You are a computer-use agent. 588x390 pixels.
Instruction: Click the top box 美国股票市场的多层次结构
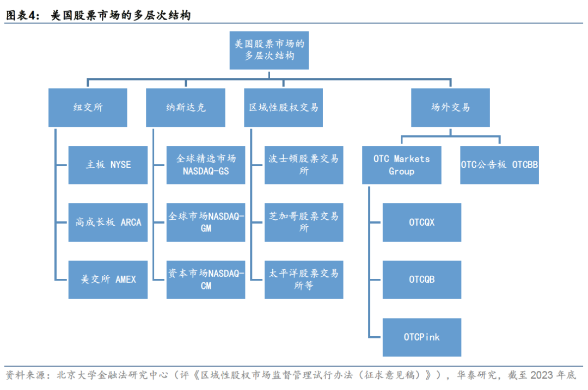pos(269,50)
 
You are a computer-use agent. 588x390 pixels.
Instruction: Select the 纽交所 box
pos(88,108)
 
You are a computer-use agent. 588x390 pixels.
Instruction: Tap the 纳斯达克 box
pos(186,108)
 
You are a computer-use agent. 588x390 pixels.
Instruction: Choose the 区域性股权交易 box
pos(284,108)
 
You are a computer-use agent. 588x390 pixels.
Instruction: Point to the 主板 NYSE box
pos(108,165)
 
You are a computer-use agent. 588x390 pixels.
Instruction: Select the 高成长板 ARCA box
pos(108,222)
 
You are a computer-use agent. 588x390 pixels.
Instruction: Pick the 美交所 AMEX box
pos(108,280)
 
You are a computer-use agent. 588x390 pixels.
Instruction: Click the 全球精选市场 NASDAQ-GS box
pos(206,165)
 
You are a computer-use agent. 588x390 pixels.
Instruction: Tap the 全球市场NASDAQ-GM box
pos(206,222)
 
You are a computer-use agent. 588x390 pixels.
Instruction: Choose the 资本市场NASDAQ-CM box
pos(206,280)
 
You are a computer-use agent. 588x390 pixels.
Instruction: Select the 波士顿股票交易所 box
pos(304,165)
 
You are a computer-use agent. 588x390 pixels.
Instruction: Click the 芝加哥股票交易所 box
pos(304,222)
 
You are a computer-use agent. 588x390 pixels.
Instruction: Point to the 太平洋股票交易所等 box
pos(304,280)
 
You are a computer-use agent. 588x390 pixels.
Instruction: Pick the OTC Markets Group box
pos(402,165)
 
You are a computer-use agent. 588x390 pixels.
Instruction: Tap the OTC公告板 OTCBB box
pos(499,165)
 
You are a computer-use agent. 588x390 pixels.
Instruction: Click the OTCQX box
pos(422,222)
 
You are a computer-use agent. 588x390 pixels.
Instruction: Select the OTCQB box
pos(422,280)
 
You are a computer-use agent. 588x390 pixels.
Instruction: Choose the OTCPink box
pos(422,337)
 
